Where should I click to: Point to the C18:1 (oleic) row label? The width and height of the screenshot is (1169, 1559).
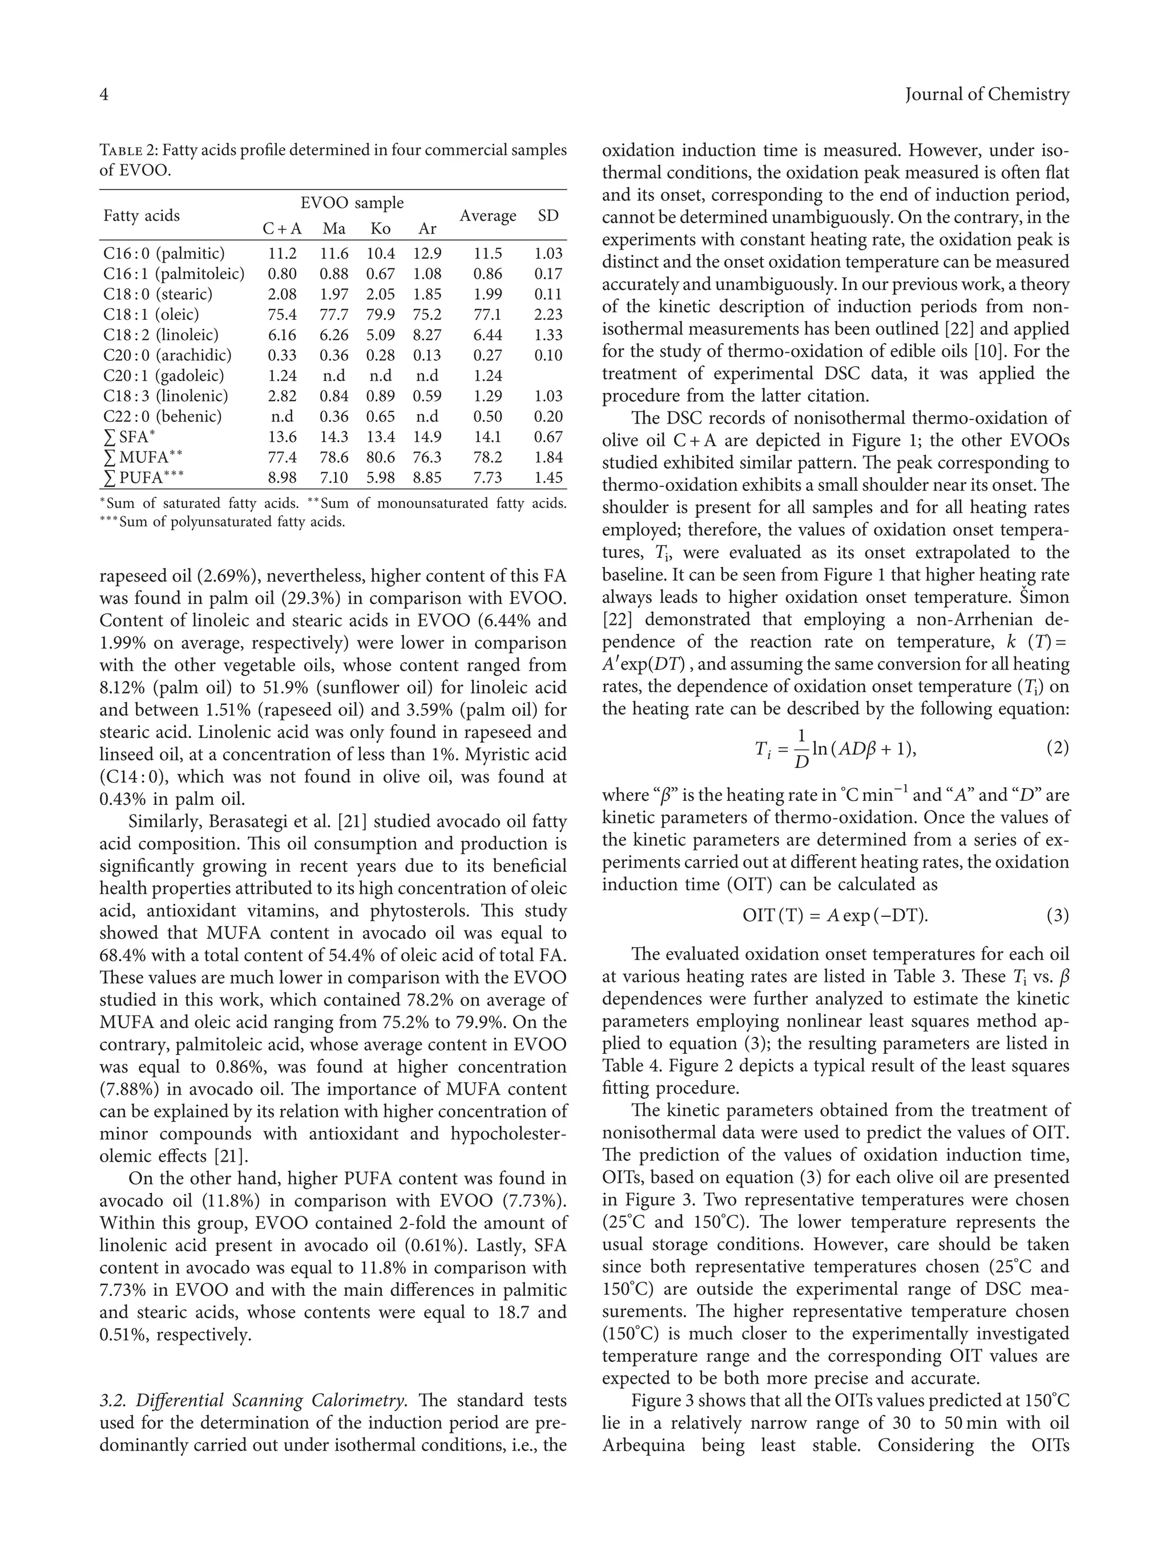[151, 315]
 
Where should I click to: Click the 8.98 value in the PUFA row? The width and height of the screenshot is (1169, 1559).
[282, 477]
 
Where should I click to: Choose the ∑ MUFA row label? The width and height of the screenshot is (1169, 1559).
[142, 457]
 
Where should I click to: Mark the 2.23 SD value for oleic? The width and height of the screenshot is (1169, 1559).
[548, 315]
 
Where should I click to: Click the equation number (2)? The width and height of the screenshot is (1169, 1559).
[1057, 748]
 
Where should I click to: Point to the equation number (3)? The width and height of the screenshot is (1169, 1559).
[1057, 916]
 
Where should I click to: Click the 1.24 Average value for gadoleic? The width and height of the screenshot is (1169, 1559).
[487, 376]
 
